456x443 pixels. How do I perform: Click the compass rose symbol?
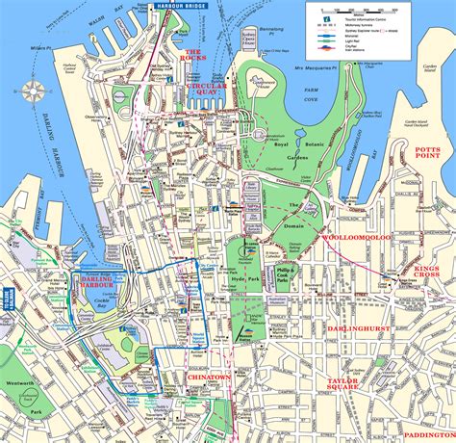pyautogui.click(x=35, y=92)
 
